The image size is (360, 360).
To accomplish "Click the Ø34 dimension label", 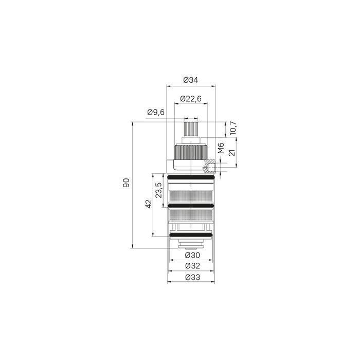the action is coord(191,80).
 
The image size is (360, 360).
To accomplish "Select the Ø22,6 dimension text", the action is coord(191,99).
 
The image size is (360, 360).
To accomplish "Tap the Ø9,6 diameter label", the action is coord(156,112).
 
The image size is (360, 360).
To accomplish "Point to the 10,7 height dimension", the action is coord(233,128).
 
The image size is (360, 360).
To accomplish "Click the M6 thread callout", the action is coord(221,148).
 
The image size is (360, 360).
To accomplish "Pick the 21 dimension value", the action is coord(232,152).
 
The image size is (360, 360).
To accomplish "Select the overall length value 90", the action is coord(126,183).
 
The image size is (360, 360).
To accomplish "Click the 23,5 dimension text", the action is coord(158,190).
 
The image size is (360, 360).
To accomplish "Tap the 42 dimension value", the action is coord(149,204).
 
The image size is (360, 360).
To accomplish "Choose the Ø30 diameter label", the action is coord(192,255).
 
